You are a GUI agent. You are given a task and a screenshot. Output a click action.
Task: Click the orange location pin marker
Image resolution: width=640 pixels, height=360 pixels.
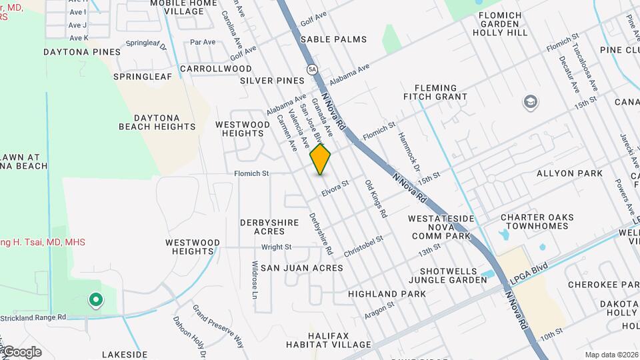321,159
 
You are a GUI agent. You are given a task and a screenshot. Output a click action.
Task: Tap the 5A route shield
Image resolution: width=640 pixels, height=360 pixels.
312,69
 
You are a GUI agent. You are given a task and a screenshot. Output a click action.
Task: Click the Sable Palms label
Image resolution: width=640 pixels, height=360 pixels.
333,39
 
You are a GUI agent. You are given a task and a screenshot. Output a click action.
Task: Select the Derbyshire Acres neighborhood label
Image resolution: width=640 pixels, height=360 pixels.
271,226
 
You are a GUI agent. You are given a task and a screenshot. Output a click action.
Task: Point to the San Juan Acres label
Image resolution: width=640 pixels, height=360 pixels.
301,268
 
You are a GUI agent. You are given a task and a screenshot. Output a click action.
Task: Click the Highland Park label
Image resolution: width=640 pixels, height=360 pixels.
387,294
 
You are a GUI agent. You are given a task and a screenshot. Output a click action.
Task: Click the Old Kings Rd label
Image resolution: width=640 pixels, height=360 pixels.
376,199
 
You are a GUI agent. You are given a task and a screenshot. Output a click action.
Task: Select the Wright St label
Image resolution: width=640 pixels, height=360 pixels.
276,247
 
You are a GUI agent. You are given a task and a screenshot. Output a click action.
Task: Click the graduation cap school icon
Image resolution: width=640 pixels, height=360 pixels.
531,102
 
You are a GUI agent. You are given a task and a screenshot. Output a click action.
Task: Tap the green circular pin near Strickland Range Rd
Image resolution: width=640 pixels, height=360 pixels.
95,301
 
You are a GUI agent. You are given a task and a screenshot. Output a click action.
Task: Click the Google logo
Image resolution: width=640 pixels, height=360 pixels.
21,351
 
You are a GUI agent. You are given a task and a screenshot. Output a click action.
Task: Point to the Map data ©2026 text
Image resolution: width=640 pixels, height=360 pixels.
611,355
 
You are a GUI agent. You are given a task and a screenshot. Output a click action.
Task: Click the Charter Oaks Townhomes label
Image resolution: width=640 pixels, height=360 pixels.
535,221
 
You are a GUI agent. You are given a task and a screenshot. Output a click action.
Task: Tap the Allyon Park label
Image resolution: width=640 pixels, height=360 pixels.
569,173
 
